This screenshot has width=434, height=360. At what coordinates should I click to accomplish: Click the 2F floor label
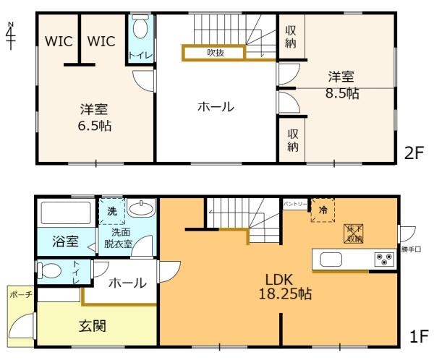(x=414, y=153)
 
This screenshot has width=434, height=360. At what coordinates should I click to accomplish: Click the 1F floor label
(x=418, y=336)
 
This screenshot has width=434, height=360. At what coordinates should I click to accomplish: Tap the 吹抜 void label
(x=216, y=52)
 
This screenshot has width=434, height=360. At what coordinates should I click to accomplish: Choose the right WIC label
(x=101, y=42)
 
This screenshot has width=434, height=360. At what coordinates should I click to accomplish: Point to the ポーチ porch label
(x=20, y=295)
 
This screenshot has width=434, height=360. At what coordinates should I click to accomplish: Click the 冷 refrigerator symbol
(x=323, y=210)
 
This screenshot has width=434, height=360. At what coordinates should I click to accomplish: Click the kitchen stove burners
(x=382, y=259)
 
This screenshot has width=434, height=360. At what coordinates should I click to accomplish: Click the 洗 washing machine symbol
(x=112, y=213)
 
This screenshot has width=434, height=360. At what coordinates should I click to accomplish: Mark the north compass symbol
(x=10, y=34)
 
